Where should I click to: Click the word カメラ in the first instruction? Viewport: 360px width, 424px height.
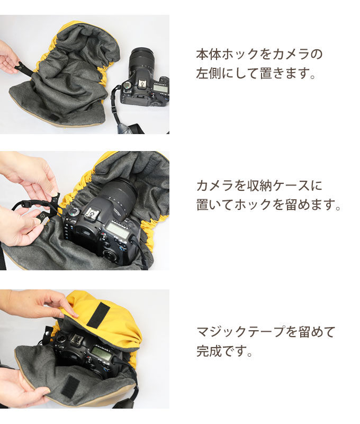click(x=291, y=54)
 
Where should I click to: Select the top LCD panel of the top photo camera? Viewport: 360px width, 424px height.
click(x=160, y=87)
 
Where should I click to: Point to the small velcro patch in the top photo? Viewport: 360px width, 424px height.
click(x=55, y=117)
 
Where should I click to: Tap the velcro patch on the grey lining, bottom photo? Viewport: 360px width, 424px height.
click(x=70, y=385)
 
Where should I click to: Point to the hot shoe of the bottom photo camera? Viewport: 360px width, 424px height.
click(x=77, y=339)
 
